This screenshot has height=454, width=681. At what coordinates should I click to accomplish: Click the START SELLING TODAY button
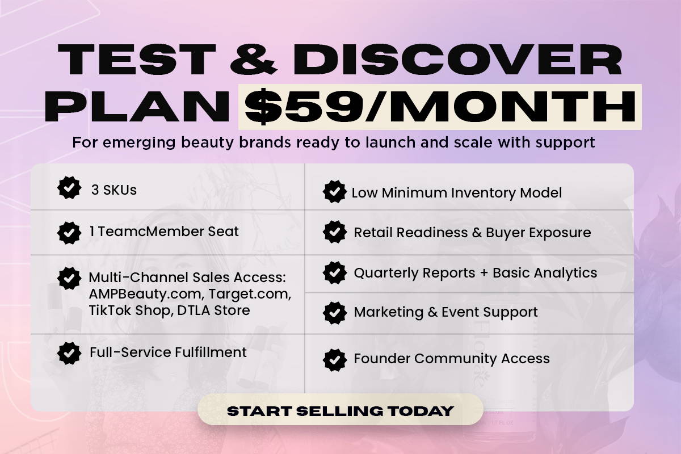[340, 410]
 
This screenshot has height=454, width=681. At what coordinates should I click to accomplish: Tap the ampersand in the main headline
[254, 59]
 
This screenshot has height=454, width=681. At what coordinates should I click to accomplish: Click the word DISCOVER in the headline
[457, 59]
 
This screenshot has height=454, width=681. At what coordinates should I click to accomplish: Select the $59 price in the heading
[304, 107]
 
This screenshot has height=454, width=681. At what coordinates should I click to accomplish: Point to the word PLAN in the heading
[137, 107]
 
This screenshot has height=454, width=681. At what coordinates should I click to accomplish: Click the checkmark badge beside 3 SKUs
[69, 188]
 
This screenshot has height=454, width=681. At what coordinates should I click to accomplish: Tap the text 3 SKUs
[114, 190]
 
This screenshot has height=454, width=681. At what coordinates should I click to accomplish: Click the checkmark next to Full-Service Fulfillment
[69, 353]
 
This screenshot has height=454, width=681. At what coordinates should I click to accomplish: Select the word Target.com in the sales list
[250, 295]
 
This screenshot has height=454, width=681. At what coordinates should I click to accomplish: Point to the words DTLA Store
[213, 310]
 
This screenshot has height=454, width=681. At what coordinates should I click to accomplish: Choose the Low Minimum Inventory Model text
[457, 193]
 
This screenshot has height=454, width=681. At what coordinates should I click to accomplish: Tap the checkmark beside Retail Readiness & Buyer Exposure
[335, 232]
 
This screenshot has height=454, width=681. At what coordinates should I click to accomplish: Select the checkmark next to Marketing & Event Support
[335, 313]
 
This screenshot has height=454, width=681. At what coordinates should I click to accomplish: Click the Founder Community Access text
[452, 359]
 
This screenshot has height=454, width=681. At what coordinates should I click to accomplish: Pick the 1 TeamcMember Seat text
[164, 232]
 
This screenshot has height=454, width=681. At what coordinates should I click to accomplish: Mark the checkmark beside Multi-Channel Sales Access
[69, 278]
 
